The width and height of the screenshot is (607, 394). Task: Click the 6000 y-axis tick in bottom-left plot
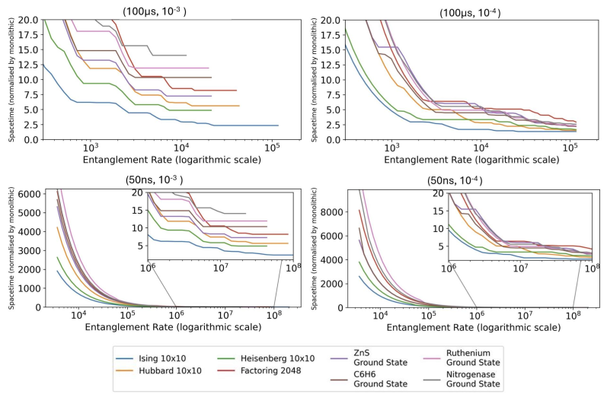[29, 195]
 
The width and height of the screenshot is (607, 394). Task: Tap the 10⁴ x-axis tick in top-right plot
[481, 148]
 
